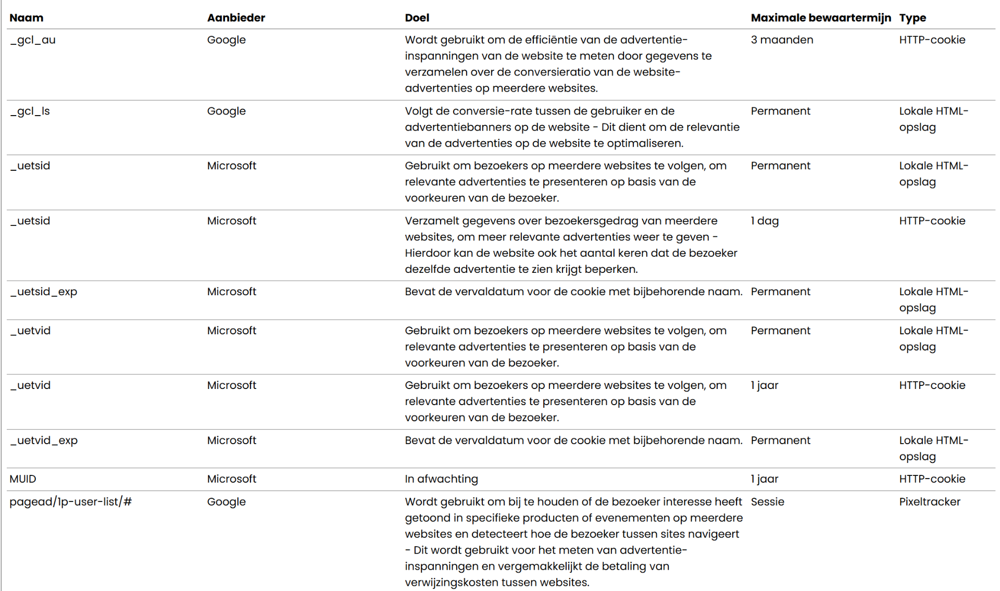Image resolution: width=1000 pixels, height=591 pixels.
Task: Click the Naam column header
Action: click(27, 18)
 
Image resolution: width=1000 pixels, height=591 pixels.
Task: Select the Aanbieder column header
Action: click(236, 18)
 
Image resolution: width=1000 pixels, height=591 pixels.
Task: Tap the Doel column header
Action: click(417, 18)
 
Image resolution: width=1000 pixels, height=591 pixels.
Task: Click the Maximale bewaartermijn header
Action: click(820, 18)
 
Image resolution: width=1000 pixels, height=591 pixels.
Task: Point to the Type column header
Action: click(912, 18)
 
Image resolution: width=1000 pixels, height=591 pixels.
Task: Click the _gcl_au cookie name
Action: click(33, 40)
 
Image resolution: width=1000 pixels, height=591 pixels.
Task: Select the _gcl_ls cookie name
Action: click(30, 111)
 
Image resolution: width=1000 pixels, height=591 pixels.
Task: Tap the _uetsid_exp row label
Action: click(44, 292)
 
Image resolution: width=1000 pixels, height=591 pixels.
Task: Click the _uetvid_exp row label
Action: click(44, 441)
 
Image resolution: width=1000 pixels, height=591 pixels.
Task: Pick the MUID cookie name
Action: click(23, 479)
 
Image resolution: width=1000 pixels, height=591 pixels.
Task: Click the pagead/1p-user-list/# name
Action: click(70, 502)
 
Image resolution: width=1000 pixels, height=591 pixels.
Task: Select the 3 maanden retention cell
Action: click(781, 40)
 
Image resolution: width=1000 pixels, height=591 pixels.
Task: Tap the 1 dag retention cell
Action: click(765, 221)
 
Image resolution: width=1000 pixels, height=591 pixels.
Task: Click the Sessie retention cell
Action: click(767, 502)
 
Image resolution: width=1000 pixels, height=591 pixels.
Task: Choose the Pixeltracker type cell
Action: click(929, 502)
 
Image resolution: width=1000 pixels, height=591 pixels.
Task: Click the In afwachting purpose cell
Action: click(441, 479)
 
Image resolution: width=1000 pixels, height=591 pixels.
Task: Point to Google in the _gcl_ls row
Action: click(226, 111)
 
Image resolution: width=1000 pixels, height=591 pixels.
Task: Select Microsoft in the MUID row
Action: click(231, 479)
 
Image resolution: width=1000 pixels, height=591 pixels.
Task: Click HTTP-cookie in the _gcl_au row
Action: click(932, 40)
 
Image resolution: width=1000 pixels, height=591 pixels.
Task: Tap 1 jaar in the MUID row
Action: click(764, 479)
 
